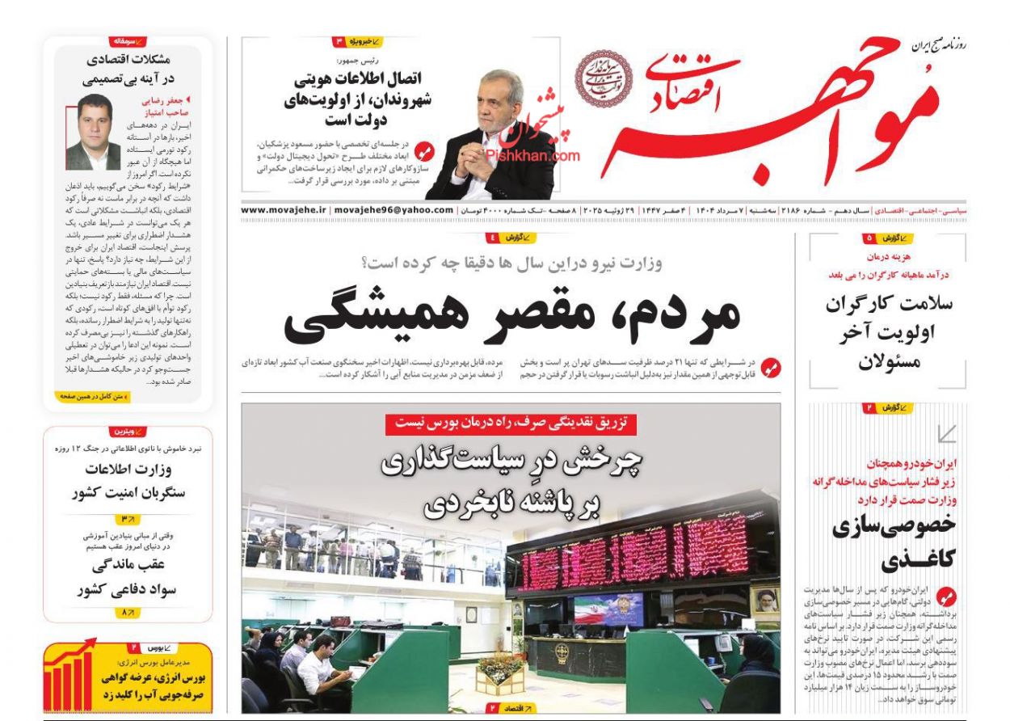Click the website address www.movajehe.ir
282,210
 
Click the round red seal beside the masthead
601,79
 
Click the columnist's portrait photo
93,132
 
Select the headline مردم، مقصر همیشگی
511,311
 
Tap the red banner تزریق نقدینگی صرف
511,423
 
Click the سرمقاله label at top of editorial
128,40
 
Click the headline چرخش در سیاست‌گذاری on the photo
511,483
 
